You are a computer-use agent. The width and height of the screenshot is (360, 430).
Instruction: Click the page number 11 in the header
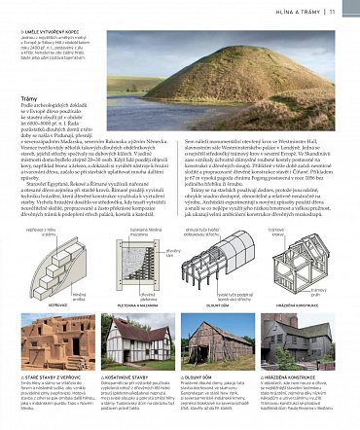pos(345,11)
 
